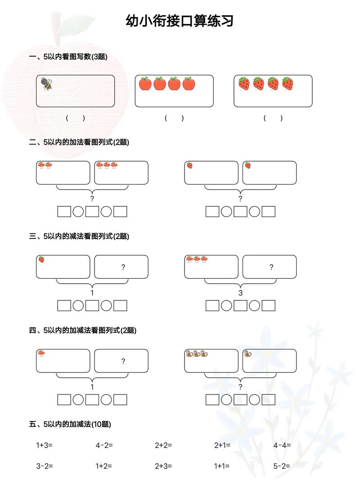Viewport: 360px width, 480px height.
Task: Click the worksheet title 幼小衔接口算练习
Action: pos(180,21)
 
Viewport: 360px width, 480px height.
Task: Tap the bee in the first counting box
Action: pos(47,83)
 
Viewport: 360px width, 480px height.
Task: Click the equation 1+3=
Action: pos(45,445)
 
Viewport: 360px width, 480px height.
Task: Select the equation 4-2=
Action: pos(104,445)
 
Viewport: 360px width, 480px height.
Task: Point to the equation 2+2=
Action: pos(163,445)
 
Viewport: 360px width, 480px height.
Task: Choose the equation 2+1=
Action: pos(222,445)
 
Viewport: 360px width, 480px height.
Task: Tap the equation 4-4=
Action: pos(282,445)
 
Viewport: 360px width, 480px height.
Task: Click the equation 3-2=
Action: pos(45,466)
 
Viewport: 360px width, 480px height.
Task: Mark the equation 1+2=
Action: pos(103,466)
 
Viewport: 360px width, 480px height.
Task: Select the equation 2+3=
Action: pos(163,466)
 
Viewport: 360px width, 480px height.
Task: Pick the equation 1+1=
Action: pos(222,466)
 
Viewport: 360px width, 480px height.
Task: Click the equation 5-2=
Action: pos(282,466)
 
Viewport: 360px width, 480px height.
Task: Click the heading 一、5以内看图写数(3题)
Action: pos(68,57)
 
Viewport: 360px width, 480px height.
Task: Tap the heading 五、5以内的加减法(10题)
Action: pos(70,424)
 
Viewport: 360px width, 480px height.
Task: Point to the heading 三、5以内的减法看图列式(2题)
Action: pos(79,236)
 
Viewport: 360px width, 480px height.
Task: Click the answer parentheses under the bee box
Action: pos(75,118)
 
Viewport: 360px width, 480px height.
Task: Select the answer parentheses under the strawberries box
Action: pos(273,118)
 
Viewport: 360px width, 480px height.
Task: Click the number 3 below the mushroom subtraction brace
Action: pos(240,293)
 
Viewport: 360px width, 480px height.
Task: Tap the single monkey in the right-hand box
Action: pos(247,353)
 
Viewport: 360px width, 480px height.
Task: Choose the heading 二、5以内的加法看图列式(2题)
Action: pos(79,142)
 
